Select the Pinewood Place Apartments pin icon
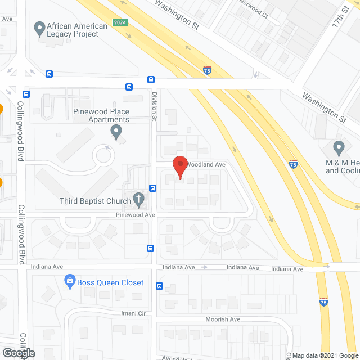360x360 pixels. pyautogui.click(x=116, y=132)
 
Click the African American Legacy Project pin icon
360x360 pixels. pyautogui.click(x=39, y=27)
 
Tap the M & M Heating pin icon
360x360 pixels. pyautogui.click(x=339, y=148)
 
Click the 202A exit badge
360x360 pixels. pyautogui.click(x=119, y=22)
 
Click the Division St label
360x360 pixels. pyautogui.click(x=154, y=107)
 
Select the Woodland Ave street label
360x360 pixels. pyautogui.click(x=205, y=164)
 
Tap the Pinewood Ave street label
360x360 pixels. pyautogui.click(x=136, y=215)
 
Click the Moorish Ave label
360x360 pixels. pyautogui.click(x=223, y=319)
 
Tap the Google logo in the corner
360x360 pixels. pyautogui.click(x=18, y=353)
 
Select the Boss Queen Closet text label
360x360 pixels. pyautogui.click(x=111, y=282)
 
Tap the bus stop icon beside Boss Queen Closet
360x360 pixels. pyautogui.click(x=159, y=286)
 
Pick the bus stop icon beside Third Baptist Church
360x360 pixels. pyautogui.click(x=152, y=188)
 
